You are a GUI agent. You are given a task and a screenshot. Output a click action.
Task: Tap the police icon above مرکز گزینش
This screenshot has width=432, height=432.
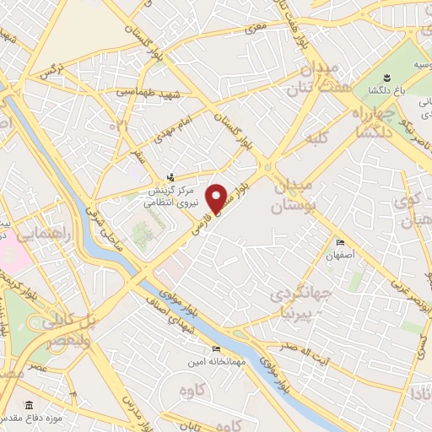(172, 177)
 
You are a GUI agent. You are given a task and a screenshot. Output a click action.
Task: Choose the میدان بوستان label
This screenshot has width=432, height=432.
(293, 195)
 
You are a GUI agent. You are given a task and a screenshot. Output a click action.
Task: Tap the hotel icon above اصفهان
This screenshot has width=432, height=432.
(340, 239)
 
